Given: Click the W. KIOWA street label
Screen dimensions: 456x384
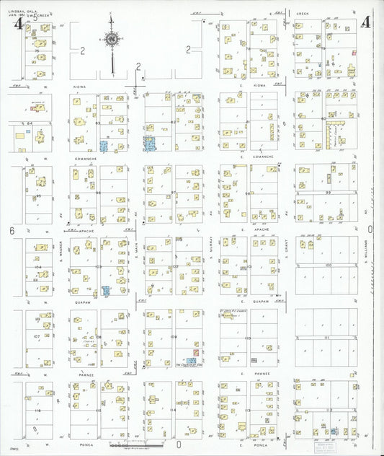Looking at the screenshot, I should pyautogui.click(x=79, y=87).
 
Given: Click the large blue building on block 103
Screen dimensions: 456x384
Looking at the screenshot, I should pyautogui.click(x=107, y=291).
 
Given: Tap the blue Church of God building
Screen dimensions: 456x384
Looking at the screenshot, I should pyautogui.click(x=191, y=360).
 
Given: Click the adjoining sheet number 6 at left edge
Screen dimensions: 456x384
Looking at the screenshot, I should pyautogui.click(x=12, y=230).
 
